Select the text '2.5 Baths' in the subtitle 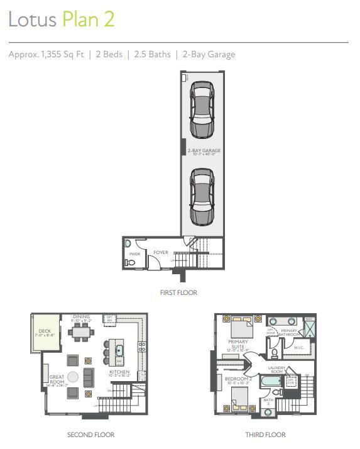(x=152, y=55)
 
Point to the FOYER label (x=161, y=252)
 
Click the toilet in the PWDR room (x=130, y=263)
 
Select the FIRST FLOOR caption (x=179, y=292)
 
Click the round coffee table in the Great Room (x=73, y=377)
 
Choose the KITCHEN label (x=119, y=372)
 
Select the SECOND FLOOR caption (x=90, y=435)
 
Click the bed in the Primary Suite (x=240, y=328)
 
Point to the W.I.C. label (x=298, y=347)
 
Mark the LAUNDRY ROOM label (x=277, y=369)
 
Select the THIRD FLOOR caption (x=265, y=435)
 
